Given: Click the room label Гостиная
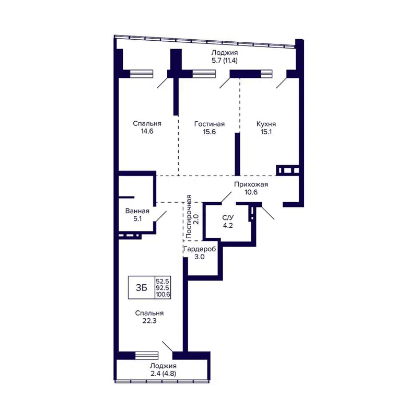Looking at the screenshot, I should tap(209, 124).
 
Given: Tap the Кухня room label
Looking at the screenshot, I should tap(266, 124).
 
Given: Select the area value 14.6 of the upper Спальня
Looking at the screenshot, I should tap(146, 132).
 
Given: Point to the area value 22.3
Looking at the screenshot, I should tap(149, 321).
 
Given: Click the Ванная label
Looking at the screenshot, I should tap(137, 211).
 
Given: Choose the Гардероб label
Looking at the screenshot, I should tap(200, 249).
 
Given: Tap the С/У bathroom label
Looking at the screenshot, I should tap(228, 218).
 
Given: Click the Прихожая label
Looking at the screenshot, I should tap(251, 184).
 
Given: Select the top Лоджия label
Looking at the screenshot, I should tap(225, 53).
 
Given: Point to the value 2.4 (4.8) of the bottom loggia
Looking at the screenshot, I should tap(162, 374).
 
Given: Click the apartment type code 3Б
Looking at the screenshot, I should tap(141, 287).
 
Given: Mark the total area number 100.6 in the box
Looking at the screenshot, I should tap(163, 295).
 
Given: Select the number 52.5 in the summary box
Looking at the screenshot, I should tap(163, 281).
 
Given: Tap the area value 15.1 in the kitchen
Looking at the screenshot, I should tap(266, 132).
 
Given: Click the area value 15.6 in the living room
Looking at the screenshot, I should tap(209, 132).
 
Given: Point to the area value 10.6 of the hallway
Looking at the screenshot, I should tap(251, 192).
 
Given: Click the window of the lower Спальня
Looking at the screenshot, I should tap(146, 355).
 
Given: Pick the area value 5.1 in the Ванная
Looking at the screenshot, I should tap(137, 219).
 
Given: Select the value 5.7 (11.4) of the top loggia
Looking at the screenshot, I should tap(225, 61).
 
